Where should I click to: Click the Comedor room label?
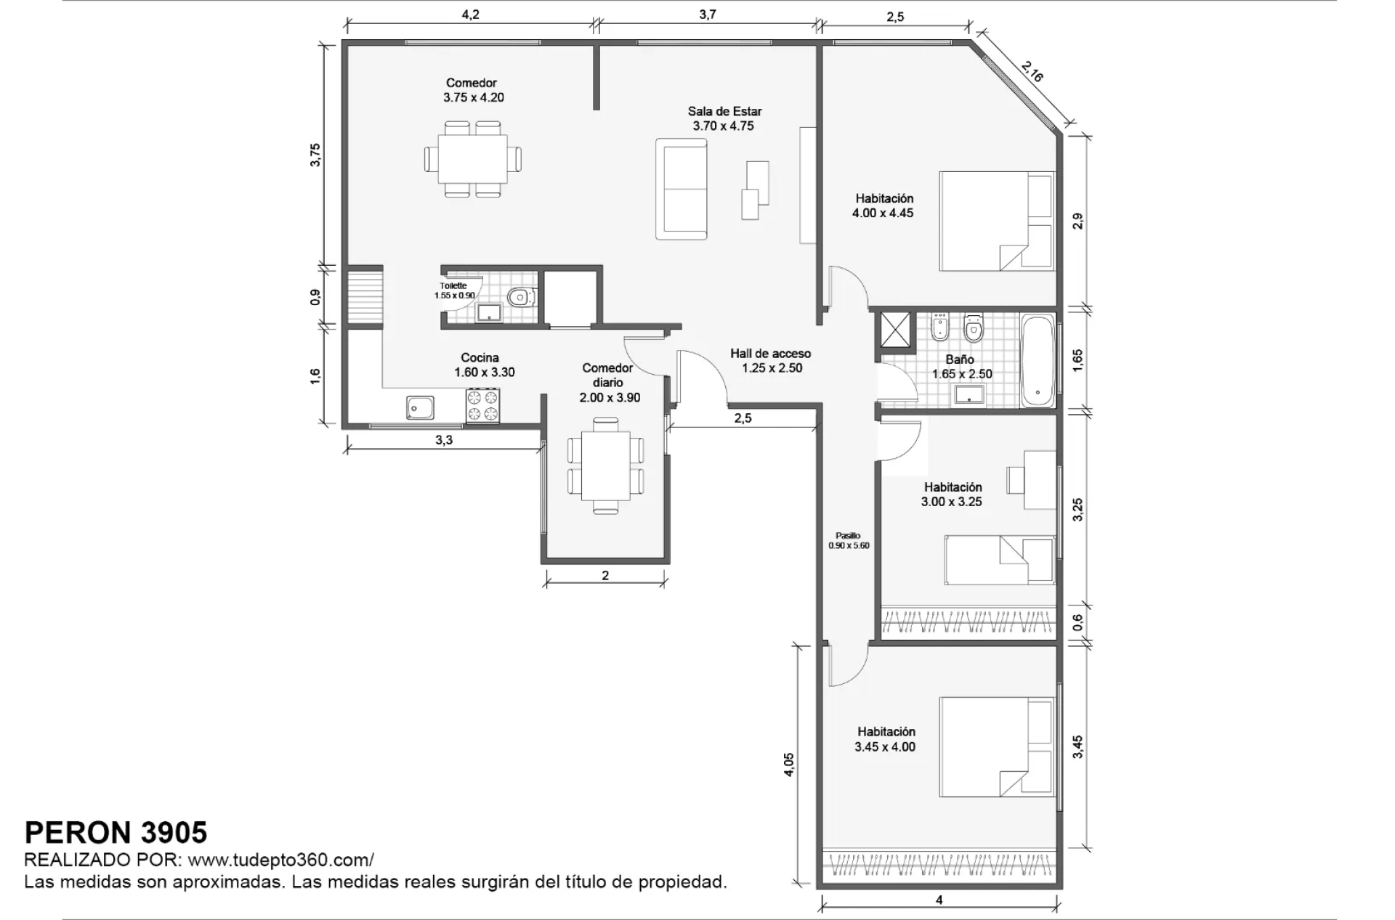(x=472, y=83)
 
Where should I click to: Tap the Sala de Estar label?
(x=724, y=111)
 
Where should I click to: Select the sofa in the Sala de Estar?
(x=681, y=189)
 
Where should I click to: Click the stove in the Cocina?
(x=483, y=405)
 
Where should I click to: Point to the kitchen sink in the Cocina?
(x=420, y=408)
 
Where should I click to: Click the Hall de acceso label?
(x=770, y=354)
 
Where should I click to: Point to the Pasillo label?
(x=848, y=536)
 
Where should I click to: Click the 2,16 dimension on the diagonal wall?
(x=1032, y=71)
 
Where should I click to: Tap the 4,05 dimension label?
(x=789, y=765)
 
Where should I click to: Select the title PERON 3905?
(x=116, y=832)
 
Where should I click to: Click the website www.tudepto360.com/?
(x=281, y=860)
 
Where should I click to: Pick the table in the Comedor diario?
(x=605, y=465)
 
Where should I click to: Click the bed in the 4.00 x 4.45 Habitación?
(x=997, y=221)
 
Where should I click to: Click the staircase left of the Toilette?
(x=365, y=297)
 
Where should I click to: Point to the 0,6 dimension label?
(x=1077, y=622)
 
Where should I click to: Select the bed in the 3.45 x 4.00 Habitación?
(x=997, y=747)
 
